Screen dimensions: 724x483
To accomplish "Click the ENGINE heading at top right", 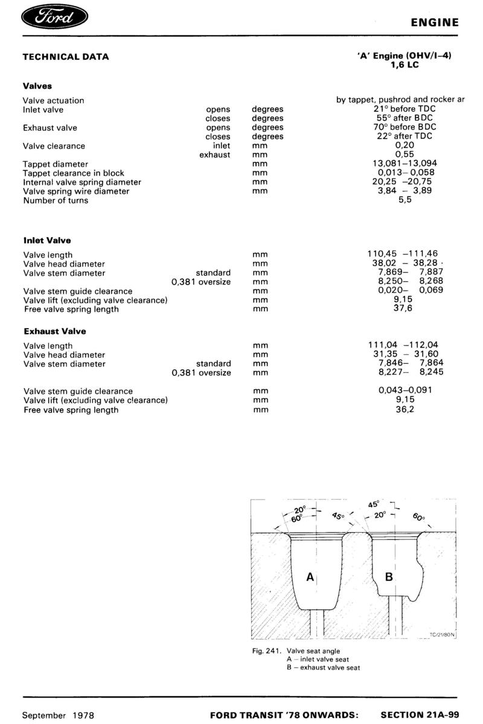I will [x=435, y=23].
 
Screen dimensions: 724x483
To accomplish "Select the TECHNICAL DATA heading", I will [x=66, y=57].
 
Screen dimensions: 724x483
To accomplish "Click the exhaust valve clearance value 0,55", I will [x=405, y=154].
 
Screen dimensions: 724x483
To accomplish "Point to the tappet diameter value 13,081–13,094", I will [x=405, y=164].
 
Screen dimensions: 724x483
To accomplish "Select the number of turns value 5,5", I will [x=405, y=200].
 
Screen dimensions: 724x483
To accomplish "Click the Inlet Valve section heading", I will [x=47, y=240].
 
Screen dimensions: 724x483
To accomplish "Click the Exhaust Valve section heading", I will [x=55, y=331].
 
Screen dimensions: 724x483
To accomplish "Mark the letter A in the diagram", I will [x=310, y=577].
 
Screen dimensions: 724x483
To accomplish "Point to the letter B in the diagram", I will [x=389, y=577].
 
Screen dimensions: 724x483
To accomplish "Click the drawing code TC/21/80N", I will [x=442, y=634].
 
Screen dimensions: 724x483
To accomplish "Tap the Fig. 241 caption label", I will [x=267, y=651].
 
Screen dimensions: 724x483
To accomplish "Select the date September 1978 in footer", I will [x=58, y=715].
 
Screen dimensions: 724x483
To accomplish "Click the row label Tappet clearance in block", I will [x=74, y=173].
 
